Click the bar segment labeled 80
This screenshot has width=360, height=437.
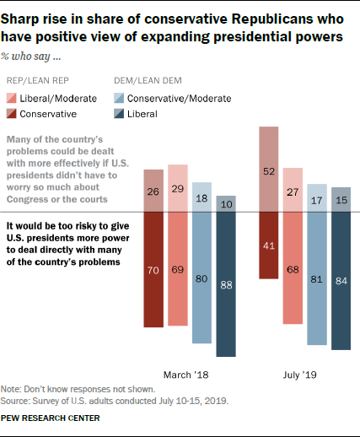[x=201, y=277]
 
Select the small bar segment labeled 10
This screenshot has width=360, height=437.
[x=226, y=203]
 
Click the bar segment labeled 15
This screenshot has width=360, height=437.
[x=341, y=199]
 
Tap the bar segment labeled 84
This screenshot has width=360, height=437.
[x=341, y=280]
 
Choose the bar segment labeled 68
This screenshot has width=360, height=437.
[x=293, y=267]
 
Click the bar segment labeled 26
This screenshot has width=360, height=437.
[x=153, y=191]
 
